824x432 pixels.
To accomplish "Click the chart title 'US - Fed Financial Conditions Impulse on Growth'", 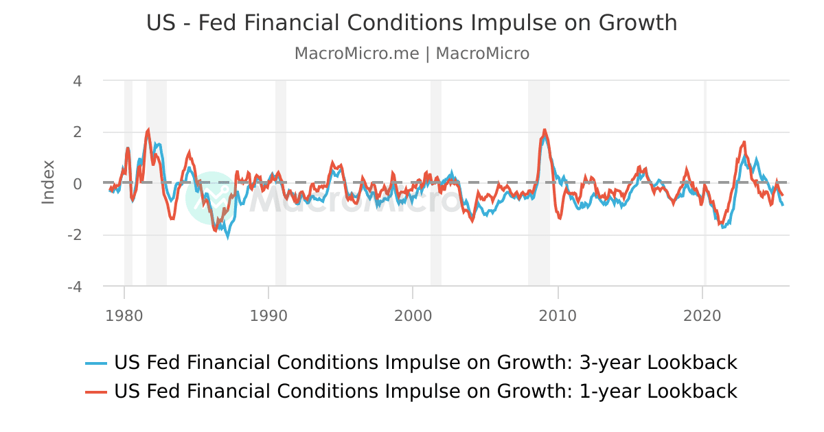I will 411,23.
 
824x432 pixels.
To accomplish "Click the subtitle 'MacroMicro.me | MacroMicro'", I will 411,53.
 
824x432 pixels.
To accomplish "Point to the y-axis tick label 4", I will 77,81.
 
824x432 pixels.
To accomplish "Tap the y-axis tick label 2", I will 77,132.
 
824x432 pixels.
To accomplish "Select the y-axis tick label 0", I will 77,184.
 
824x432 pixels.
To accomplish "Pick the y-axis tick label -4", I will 74,287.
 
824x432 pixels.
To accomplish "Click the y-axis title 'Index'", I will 48,182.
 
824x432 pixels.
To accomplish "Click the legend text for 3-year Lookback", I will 425,362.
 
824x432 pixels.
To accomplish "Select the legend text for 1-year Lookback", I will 425,391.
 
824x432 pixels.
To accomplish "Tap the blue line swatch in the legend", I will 96,363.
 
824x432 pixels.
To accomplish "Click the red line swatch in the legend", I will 96,392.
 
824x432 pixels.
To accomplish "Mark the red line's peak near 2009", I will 545,130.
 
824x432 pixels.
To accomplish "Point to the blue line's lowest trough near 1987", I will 228,237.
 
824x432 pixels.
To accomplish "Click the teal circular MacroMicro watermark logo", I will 214,198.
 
